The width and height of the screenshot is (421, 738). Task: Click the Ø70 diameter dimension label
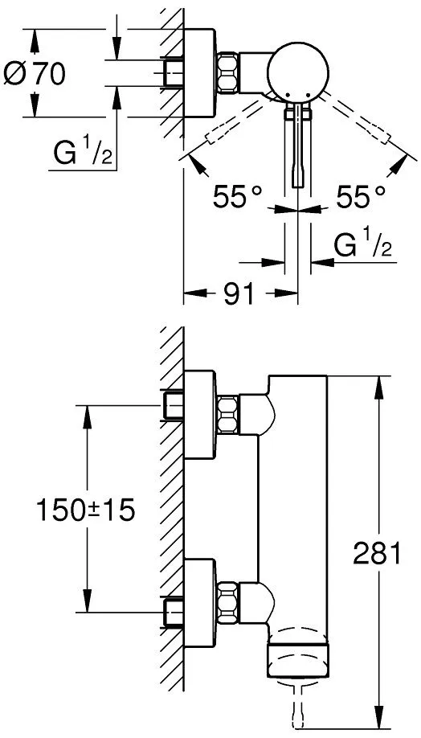coord(35,74)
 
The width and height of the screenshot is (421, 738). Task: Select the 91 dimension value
coord(239,294)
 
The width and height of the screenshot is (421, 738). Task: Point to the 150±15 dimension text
coord(86,510)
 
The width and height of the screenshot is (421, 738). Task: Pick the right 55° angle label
coord(360,196)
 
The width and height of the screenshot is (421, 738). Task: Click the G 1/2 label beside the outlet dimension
coord(363,244)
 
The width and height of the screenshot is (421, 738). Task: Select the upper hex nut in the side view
coord(227,414)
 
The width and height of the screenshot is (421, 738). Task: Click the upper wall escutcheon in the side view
coord(200,414)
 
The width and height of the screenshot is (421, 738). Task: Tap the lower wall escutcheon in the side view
coord(200,602)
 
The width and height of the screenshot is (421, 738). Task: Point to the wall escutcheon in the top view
coord(200,72)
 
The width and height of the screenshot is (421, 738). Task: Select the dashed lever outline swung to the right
coord(357,117)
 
